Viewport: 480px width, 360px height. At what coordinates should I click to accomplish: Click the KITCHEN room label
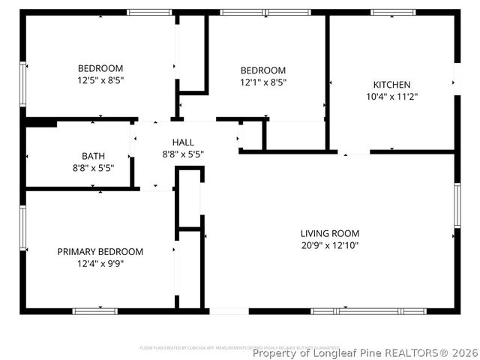[x=391, y=85]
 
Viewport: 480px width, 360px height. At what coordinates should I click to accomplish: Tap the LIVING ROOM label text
[x=330, y=233]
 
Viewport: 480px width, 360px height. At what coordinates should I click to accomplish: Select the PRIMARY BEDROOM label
[x=100, y=251]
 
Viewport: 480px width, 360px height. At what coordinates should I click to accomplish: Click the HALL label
[x=183, y=142]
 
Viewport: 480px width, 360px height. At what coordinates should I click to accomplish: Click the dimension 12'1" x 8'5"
[x=262, y=82]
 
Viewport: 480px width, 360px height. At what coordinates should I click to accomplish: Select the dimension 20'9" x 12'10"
[x=330, y=245]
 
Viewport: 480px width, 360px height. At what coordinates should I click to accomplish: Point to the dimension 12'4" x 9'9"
[x=100, y=263]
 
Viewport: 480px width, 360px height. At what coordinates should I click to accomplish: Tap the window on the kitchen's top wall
[x=393, y=12]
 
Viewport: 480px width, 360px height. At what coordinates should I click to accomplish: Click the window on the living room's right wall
[x=457, y=205]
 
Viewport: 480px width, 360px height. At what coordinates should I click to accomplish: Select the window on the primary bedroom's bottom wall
[x=95, y=310]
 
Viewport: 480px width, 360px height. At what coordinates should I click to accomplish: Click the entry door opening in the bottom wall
[x=228, y=310]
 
